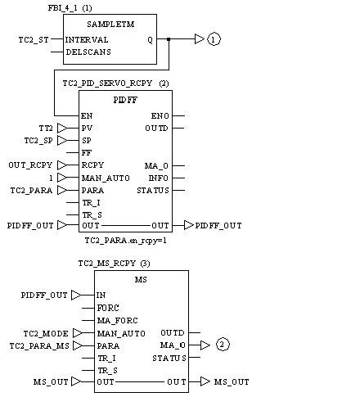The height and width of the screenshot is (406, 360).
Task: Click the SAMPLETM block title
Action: (110, 25)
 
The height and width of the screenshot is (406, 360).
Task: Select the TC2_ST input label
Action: (34, 40)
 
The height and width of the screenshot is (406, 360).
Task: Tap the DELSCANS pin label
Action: (88, 52)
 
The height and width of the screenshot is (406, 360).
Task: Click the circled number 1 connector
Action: (214, 39)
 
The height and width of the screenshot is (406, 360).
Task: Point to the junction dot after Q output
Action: (169, 39)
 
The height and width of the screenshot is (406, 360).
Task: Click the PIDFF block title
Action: (125, 100)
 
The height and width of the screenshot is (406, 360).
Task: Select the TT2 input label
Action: (46, 128)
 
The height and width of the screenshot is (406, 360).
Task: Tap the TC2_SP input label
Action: (38, 141)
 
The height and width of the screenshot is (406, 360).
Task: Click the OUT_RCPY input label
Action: (30, 165)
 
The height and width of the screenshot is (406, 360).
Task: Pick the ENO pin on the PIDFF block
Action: (160, 116)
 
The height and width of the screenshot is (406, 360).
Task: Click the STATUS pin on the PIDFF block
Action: (153, 190)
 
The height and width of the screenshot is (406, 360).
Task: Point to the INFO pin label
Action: (159, 178)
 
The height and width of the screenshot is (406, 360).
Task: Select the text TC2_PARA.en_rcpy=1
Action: (125, 241)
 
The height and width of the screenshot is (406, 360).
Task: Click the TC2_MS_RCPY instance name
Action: (107, 264)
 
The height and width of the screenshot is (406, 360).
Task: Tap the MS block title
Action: (141, 280)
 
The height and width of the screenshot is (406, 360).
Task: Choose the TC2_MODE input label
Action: (46, 333)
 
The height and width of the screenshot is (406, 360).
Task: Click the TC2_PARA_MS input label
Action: (39, 346)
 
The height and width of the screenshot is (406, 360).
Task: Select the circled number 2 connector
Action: (223, 345)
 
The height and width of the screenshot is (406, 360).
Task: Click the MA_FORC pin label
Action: (118, 320)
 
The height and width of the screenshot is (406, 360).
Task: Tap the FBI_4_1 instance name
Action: (62, 8)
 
